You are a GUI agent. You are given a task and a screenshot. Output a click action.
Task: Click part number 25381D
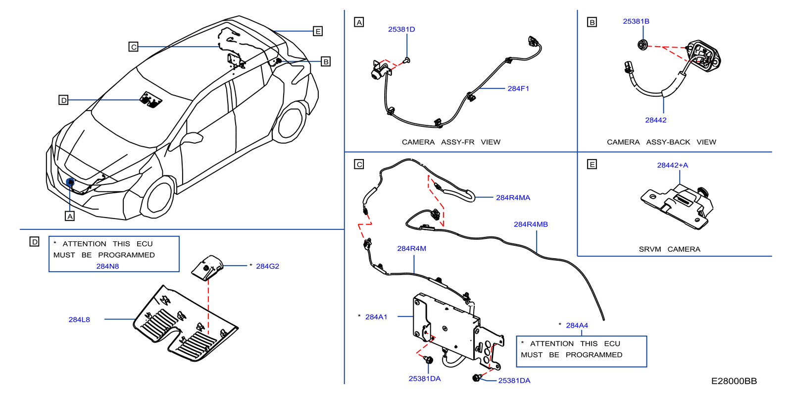pyautogui.click(x=401, y=29)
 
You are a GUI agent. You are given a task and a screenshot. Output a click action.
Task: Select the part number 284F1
pyautogui.click(x=518, y=89)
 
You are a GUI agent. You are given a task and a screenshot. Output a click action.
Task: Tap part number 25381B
pyautogui.click(x=636, y=21)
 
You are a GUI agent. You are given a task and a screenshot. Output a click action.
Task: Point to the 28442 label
pyautogui.click(x=656, y=120)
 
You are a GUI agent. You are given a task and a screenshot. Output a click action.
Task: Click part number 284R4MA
pyautogui.click(x=513, y=198)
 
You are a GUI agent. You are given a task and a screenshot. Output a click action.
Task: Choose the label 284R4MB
pyautogui.click(x=531, y=225)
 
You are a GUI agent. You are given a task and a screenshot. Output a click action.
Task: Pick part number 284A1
pyautogui.click(x=376, y=317)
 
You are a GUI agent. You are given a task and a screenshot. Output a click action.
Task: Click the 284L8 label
pyautogui.click(x=79, y=320)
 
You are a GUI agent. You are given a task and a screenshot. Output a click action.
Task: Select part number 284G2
pyautogui.click(x=267, y=266)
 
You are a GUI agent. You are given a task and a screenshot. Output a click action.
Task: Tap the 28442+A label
pyautogui.click(x=672, y=165)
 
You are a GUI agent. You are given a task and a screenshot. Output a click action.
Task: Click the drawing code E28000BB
pyautogui.click(x=734, y=381)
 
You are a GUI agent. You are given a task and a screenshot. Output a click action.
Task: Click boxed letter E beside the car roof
pyautogui.click(x=318, y=31)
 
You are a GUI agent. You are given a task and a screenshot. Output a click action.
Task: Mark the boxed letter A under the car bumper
pyautogui.click(x=70, y=216)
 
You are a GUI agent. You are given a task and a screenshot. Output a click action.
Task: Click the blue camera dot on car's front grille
pyautogui.click(x=70, y=182)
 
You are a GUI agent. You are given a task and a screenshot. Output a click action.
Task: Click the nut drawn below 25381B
pyautogui.click(x=643, y=45)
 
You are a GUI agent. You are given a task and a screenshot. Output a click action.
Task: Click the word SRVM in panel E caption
pyautogui.click(x=649, y=249)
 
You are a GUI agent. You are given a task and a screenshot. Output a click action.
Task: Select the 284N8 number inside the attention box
pyautogui.click(x=107, y=266)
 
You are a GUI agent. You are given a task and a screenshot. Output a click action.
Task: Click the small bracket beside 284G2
pyautogui.click(x=207, y=268)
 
